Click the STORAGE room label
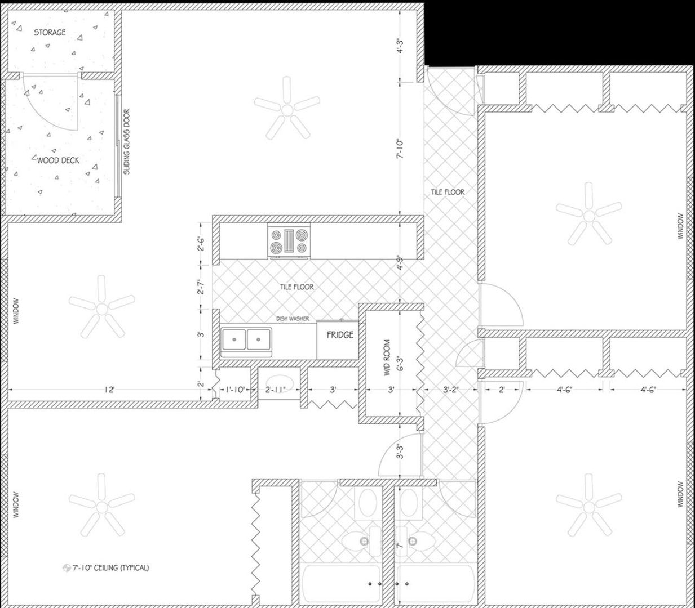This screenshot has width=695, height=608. [50, 33]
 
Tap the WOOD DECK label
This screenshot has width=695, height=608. [58, 160]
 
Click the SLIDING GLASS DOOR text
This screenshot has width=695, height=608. [126, 141]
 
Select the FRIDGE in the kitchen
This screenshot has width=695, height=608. [340, 335]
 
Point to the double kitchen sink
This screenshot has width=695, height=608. [246, 339]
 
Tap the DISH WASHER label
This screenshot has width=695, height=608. [293, 319]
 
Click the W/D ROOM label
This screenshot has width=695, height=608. [387, 358]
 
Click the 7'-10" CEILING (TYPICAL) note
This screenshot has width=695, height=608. [110, 568]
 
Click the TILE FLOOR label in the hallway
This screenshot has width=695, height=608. [448, 192]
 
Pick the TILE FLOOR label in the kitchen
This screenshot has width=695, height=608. [297, 287]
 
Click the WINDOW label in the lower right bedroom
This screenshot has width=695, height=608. [680, 494]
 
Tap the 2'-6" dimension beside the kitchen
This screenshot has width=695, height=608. [201, 244]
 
